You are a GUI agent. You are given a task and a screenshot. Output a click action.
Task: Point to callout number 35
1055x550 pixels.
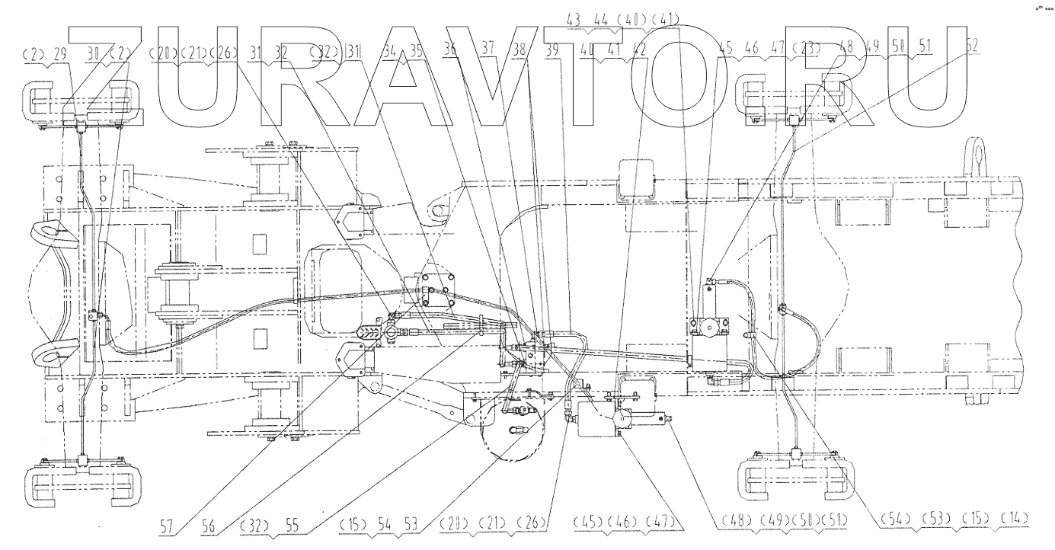[415, 53]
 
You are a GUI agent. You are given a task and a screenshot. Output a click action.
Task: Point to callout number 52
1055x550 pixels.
[972, 45]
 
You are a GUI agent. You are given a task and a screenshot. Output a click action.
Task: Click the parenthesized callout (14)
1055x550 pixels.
[1015, 519]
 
